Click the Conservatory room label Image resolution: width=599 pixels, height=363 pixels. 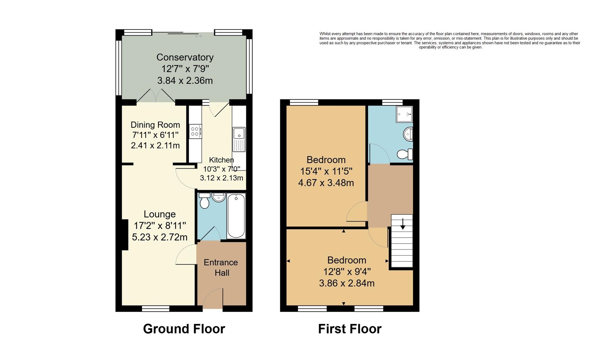coord(185,57)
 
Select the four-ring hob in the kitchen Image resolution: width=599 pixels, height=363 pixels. coord(195,131)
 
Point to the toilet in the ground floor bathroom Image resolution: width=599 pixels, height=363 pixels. coord(204,201)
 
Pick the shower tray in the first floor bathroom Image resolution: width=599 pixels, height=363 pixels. coord(404,114)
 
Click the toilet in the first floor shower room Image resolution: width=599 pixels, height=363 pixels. coord(405,154)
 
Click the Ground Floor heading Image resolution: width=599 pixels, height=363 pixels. coord(184,329)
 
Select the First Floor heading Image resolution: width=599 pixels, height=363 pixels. coord(349,329)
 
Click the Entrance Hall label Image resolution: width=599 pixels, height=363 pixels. coord(221,268)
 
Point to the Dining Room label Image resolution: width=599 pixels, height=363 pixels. coord(155,125)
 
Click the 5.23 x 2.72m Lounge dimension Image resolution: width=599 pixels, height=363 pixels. coord(159,237)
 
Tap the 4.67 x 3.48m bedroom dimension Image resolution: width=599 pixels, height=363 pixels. coord(326,183)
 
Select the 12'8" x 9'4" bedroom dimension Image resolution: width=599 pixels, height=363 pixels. coord(347,272)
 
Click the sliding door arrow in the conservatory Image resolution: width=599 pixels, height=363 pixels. coord(198,36)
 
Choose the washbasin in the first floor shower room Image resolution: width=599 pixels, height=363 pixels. coord(408,134)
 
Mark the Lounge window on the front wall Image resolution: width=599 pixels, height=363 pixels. coord(155,308)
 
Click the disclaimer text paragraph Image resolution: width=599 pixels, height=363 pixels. coord(450,40)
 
